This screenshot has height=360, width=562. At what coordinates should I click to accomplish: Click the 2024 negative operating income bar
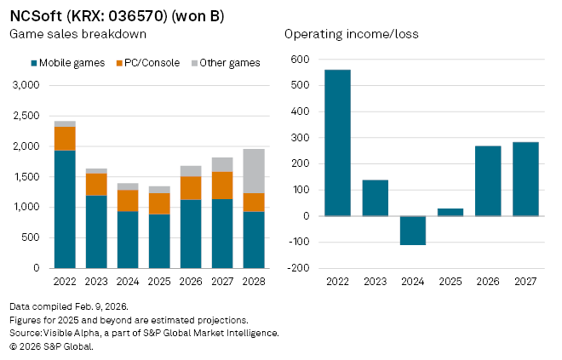point(412,231)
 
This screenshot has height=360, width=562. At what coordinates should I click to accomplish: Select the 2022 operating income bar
point(337,143)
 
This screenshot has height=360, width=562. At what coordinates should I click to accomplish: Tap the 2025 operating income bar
point(450,212)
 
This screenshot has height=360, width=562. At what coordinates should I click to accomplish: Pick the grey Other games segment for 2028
point(254,171)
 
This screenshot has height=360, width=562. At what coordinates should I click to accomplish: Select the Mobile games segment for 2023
point(97,231)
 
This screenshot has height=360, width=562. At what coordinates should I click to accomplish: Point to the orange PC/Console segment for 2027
point(222,186)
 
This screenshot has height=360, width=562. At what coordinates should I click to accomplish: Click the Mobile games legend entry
point(68,62)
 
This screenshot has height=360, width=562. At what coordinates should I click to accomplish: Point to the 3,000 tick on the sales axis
point(25,85)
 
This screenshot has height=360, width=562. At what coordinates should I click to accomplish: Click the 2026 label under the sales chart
point(191,281)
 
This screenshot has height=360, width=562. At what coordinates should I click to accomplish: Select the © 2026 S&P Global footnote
point(51,346)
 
